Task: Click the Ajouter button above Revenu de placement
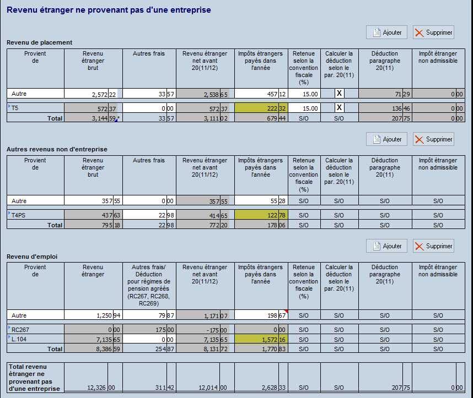coord(387,32)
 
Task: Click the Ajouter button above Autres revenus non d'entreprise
coord(387,139)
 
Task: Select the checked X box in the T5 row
coord(340,107)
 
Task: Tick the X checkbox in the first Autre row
coord(340,94)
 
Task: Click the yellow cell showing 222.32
coord(260,108)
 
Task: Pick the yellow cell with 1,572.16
coord(260,340)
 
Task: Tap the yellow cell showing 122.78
coord(260,216)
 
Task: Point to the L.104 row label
coord(19,340)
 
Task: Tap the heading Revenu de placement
coord(39,42)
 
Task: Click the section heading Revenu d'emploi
coord(32,256)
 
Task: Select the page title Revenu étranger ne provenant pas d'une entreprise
coord(109,10)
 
